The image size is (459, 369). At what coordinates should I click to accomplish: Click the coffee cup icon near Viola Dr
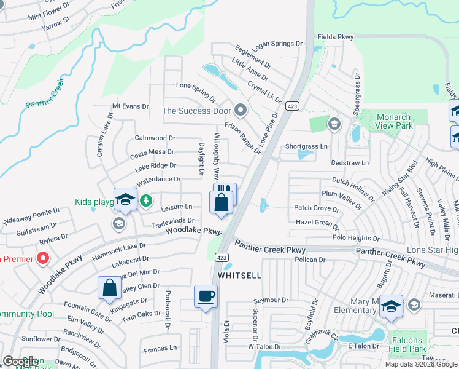(206, 296)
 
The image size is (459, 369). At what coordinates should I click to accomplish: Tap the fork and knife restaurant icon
(225, 191)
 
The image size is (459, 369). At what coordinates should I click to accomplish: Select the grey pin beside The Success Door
(241, 111)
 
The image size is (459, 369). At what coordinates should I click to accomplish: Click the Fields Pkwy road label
(336, 37)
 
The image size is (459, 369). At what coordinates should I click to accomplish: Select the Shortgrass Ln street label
(307, 146)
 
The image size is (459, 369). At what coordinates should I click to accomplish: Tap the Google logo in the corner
(21, 362)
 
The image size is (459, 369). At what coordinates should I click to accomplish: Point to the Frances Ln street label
(160, 348)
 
